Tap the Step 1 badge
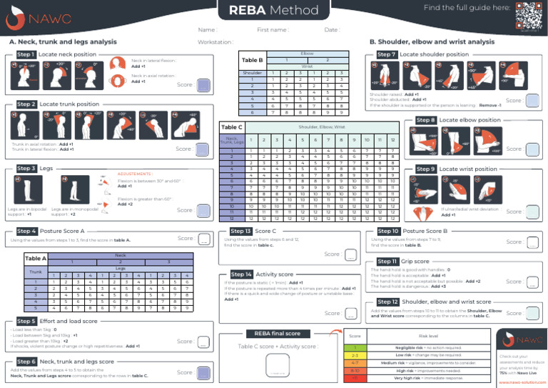[x=26, y=54]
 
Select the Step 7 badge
[x=386, y=54]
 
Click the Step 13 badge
[x=240, y=231]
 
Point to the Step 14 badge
[x=240, y=274]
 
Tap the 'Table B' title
[x=253, y=61]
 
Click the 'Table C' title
[x=232, y=127]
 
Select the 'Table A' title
[x=36, y=258]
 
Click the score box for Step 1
[x=203, y=85]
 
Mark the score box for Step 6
[x=203, y=372]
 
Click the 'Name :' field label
[x=207, y=30]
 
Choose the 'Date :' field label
[x=332, y=30]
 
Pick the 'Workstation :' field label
[x=215, y=42]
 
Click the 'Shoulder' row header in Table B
[x=252, y=73]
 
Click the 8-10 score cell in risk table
[x=355, y=371]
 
